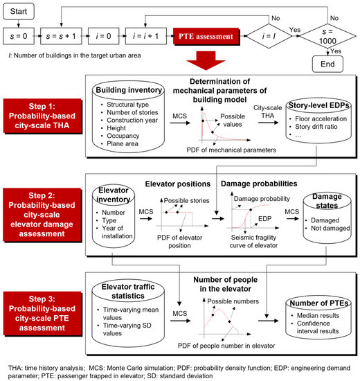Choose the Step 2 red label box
click(x=46, y=208)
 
